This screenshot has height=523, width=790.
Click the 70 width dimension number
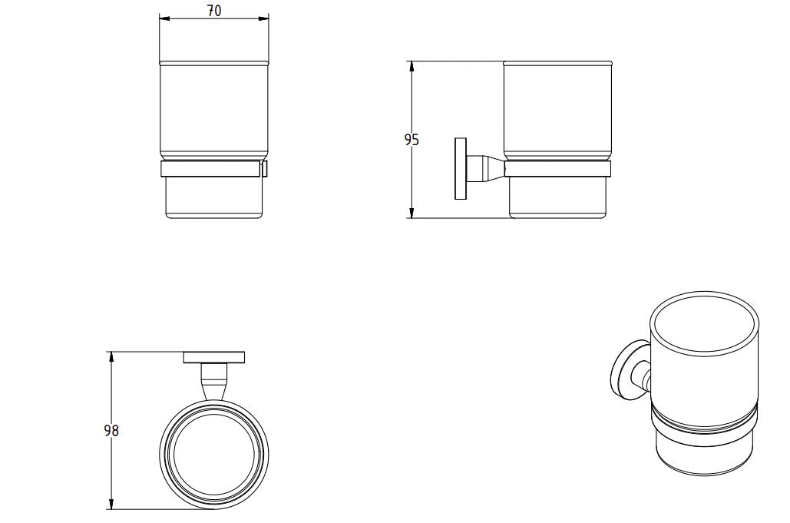point(214,11)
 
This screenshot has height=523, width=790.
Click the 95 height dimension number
point(412,140)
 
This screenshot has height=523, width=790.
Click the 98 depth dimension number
point(111,431)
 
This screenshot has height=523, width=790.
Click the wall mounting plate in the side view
point(461,169)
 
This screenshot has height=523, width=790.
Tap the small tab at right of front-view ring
point(266,169)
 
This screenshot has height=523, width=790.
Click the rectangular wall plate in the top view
point(214,357)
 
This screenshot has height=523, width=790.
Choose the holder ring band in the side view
point(557,170)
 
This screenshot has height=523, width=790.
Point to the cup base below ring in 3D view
point(702,457)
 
